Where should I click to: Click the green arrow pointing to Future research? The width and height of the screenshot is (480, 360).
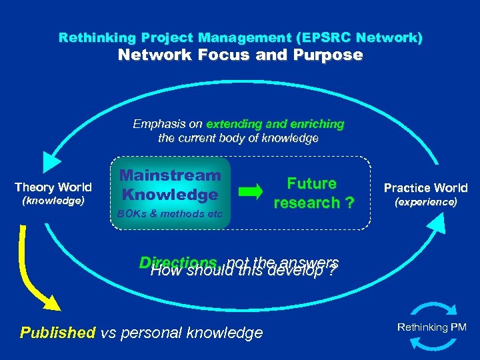point(251,193)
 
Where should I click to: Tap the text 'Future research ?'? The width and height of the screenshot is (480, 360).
point(311,193)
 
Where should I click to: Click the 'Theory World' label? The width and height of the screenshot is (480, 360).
point(53,187)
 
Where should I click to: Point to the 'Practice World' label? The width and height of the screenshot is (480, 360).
point(426,188)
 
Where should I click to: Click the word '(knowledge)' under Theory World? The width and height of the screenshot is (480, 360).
point(53,201)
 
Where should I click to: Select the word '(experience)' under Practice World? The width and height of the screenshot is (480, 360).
point(426,201)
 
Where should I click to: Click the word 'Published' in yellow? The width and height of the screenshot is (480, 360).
point(58,333)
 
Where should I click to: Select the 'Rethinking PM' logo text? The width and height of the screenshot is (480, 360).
point(432,327)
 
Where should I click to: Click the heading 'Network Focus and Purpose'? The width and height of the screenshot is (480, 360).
point(240,55)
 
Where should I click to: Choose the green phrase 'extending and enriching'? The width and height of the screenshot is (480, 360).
point(275,124)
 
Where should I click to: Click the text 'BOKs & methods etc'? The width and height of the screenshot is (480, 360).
point(171,214)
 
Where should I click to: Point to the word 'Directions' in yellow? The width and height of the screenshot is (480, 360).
point(179,263)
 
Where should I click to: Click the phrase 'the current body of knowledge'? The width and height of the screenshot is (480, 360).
point(238,139)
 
